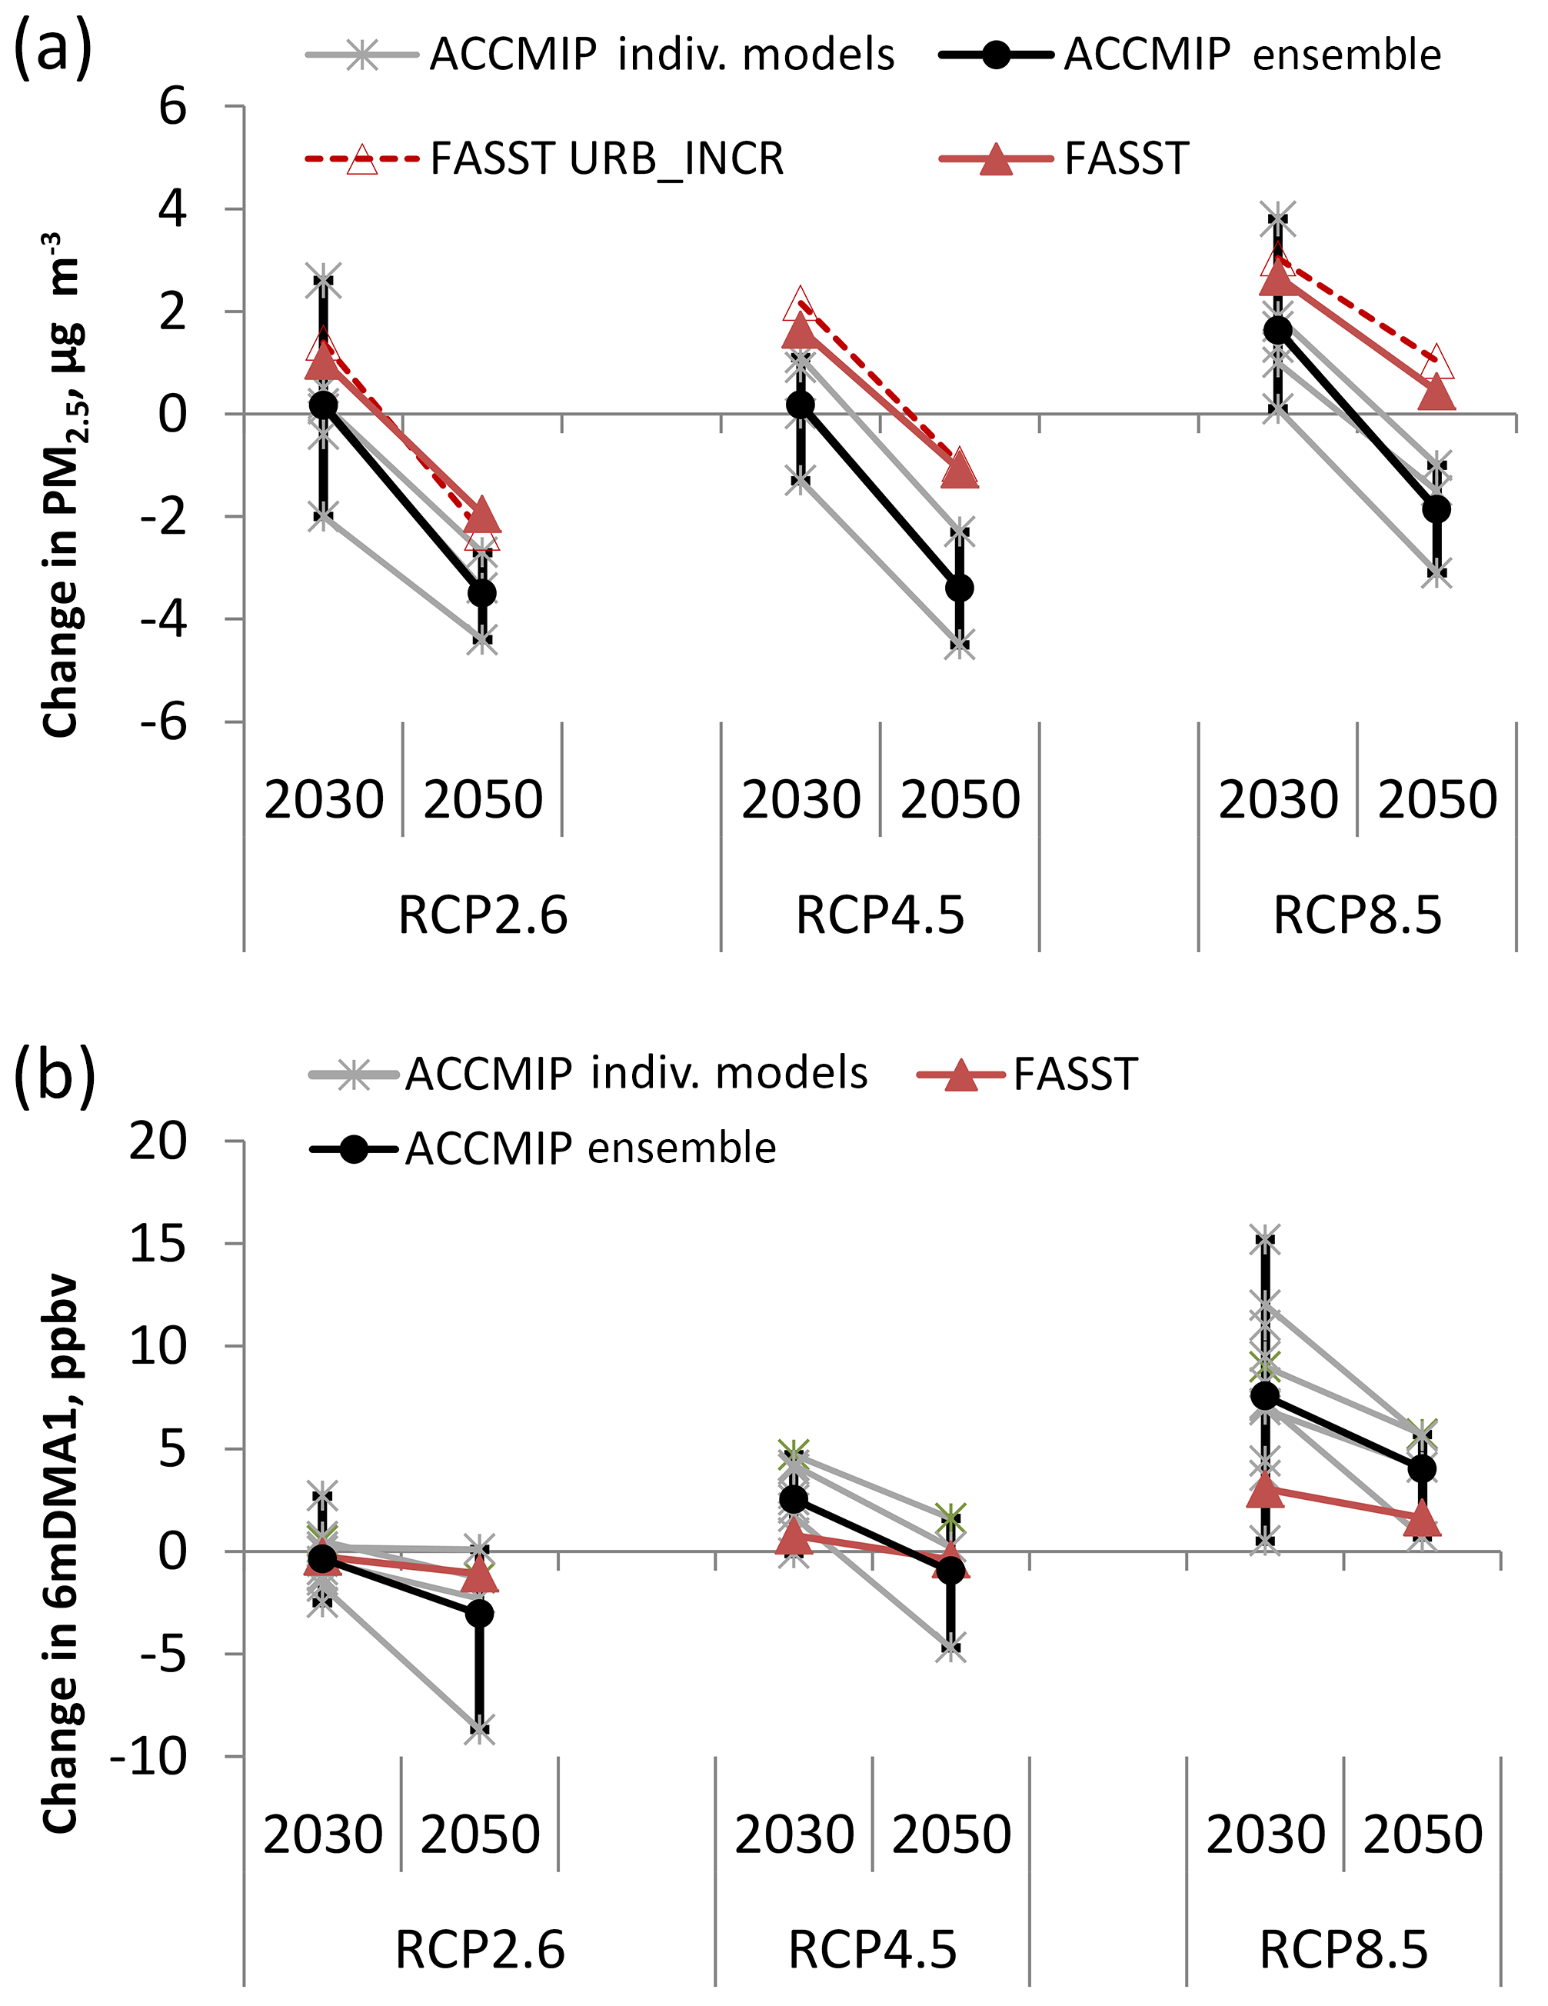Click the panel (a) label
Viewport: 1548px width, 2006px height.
click(52, 48)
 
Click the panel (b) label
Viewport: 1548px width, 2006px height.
click(54, 1074)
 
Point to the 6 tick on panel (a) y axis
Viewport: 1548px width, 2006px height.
click(172, 107)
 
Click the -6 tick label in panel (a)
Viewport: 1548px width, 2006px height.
click(164, 722)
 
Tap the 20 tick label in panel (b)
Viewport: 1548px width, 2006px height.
click(158, 1141)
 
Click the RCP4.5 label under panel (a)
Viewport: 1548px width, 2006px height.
click(880, 916)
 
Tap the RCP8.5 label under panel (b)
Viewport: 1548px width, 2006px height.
click(1343, 1950)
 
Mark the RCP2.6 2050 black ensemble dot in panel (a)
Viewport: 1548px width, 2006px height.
click(482, 593)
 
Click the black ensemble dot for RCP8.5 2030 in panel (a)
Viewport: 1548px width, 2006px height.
click(1277, 330)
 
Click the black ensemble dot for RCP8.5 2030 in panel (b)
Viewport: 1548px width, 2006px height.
click(1265, 1395)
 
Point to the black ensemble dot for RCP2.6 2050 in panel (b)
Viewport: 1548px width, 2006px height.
click(479, 1613)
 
